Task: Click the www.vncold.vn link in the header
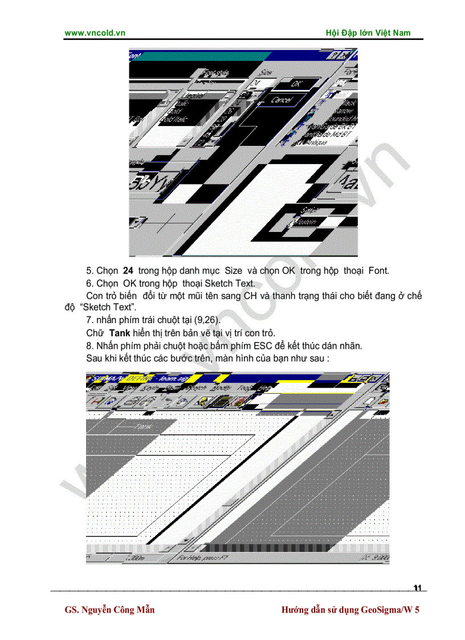point(95,33)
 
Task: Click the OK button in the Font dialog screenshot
point(297,83)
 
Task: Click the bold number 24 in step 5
point(128,271)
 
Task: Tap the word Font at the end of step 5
point(378,271)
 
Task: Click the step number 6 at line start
point(89,284)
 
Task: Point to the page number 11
point(418,588)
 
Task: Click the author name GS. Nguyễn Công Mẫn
point(110,610)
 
